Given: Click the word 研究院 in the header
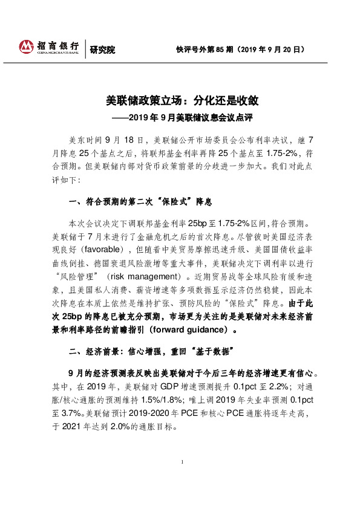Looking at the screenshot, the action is [102, 50].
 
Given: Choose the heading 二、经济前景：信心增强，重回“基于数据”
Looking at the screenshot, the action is [151, 352].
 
